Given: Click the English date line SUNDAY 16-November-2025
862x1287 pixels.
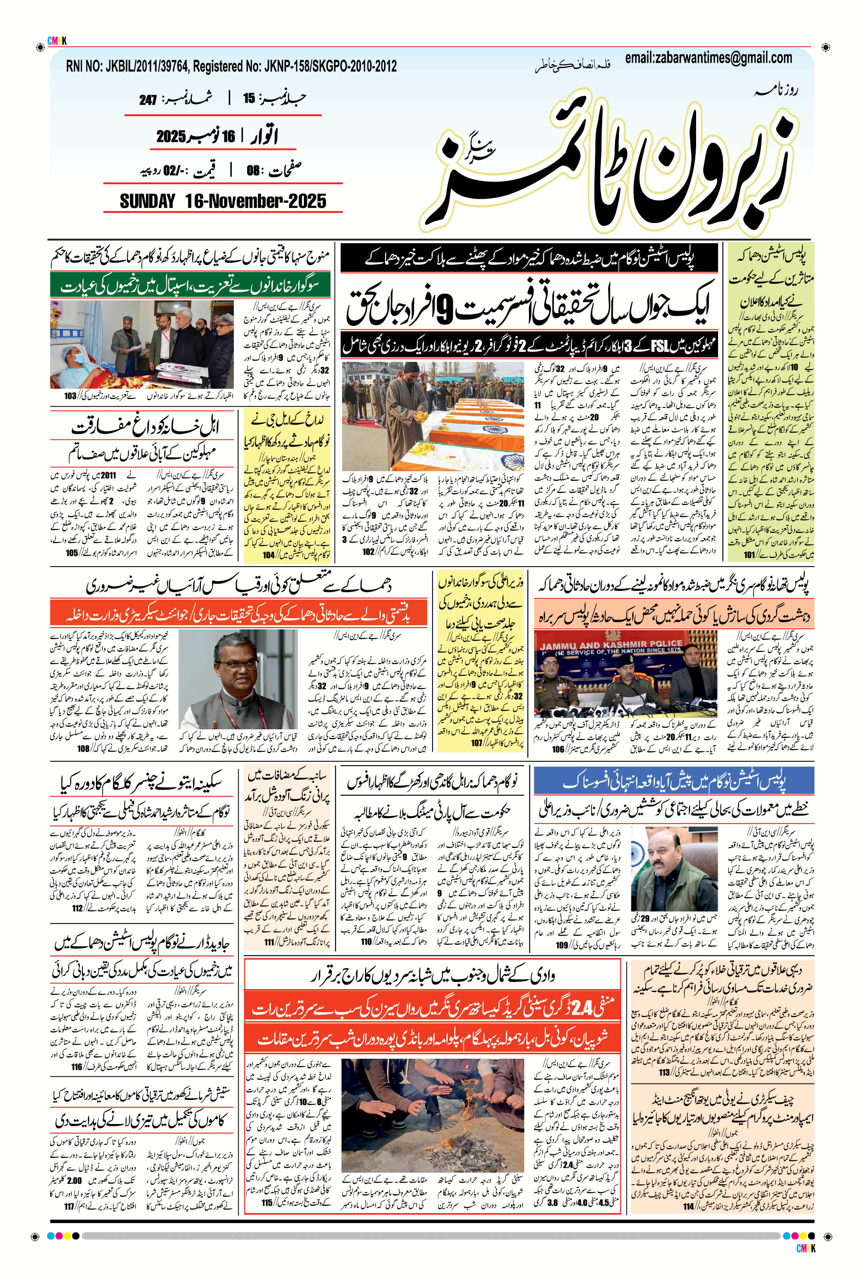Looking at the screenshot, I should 223,201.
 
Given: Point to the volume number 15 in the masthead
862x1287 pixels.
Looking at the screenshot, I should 249,99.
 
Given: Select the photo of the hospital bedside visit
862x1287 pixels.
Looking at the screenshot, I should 142,345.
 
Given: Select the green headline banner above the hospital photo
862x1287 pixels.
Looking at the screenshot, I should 191,286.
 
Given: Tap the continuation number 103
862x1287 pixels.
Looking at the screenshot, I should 70,396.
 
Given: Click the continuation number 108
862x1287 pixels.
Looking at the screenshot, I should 84,748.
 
